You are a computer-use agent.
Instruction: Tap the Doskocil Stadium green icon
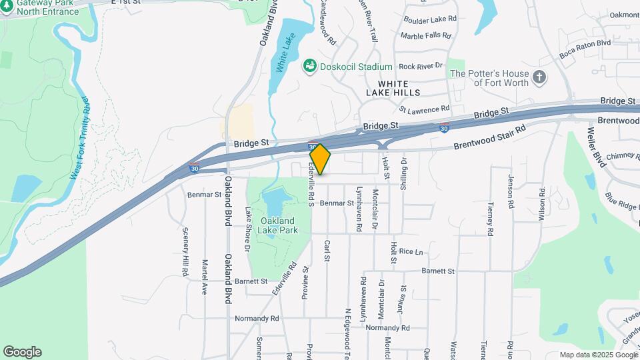click(309, 66)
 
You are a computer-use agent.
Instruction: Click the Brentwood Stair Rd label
click(490, 137)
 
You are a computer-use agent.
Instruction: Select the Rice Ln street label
click(411, 251)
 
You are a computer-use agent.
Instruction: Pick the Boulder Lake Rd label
click(429, 19)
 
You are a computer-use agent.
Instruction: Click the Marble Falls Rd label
click(426, 36)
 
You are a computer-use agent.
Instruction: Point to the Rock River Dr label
click(421, 66)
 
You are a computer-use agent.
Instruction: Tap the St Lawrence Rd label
click(424, 109)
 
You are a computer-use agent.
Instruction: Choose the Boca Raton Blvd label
click(585, 51)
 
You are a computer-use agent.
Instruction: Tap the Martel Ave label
click(205, 277)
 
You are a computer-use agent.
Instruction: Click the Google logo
click(22, 352)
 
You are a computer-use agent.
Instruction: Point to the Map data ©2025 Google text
click(597, 355)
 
